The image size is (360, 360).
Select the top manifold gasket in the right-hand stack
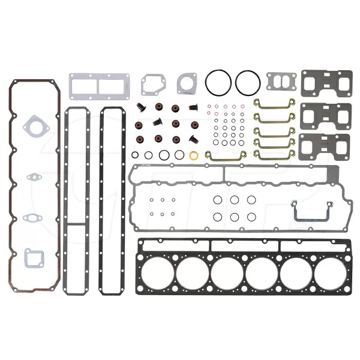point(326,83)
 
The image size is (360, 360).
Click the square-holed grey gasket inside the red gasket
point(34,258)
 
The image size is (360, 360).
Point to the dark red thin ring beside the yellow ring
point(179,155)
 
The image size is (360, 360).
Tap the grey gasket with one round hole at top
point(187,83)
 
